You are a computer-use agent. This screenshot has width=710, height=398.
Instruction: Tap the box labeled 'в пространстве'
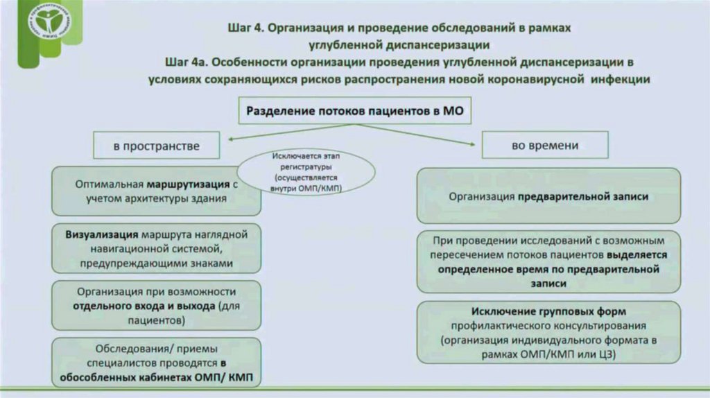pos(157,146)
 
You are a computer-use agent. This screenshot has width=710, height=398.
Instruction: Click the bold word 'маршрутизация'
pos(188,185)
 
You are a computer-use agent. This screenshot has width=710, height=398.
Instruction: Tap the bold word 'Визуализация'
pos(101,234)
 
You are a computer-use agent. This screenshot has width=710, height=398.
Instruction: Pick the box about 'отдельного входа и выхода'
pos(157,305)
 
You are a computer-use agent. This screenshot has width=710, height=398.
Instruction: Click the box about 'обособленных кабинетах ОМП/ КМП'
pos(157,361)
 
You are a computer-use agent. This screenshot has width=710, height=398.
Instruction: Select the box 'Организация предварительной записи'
pos(548,196)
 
